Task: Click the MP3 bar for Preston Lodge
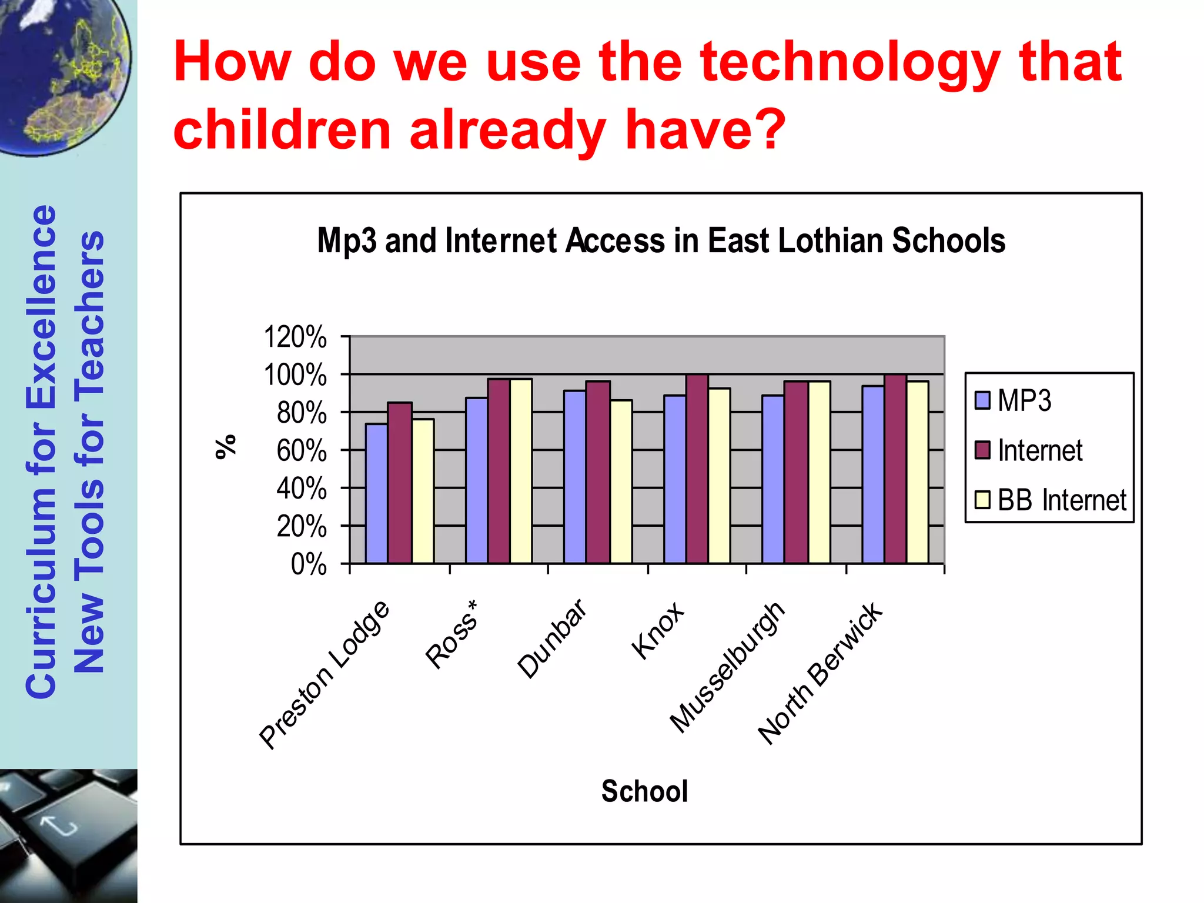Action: click(376, 494)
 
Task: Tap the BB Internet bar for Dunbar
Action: click(621, 482)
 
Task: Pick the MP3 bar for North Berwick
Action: click(873, 475)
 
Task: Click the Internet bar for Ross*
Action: click(499, 471)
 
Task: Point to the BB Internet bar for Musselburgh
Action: click(819, 473)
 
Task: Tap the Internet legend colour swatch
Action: click(982, 450)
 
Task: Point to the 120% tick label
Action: click(295, 337)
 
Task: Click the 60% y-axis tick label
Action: click(302, 451)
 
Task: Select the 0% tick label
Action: click(309, 564)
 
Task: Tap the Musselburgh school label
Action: click(728, 667)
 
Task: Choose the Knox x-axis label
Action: click(658, 631)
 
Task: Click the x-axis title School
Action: click(644, 791)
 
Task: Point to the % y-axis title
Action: click(226, 447)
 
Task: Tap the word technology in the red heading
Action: click(851, 62)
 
